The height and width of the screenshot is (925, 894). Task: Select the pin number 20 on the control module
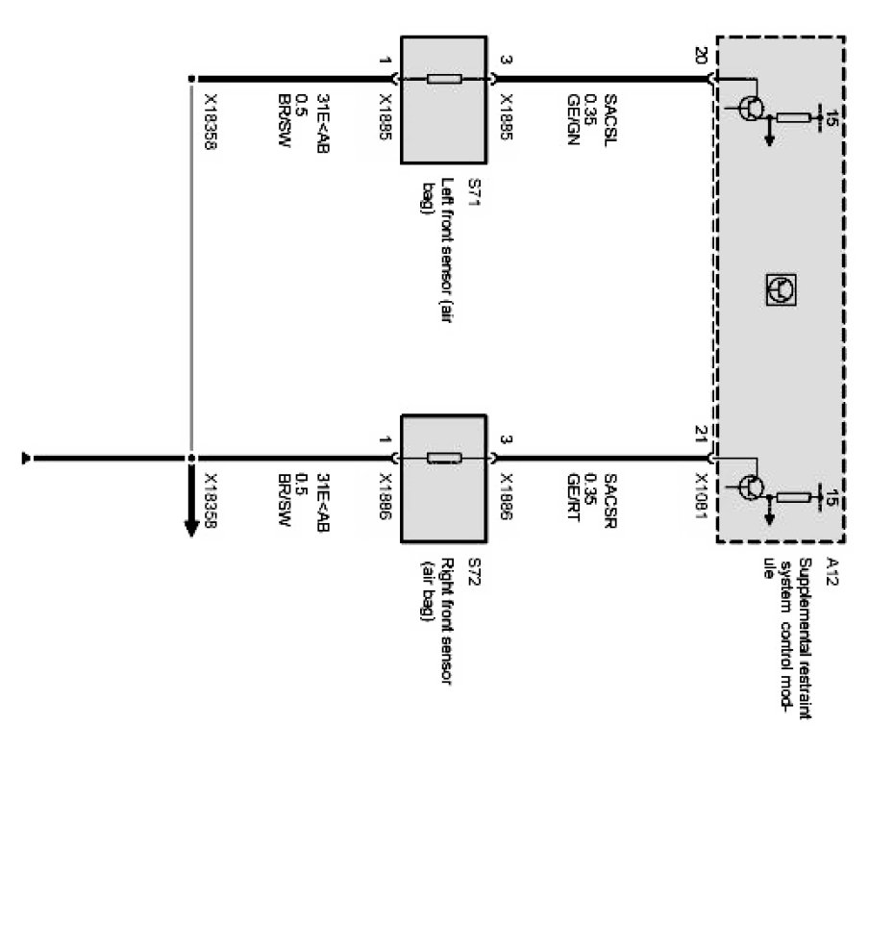[x=700, y=58]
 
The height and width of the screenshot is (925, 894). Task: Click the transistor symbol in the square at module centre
[x=781, y=288]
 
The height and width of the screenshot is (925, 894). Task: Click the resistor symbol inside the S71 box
[x=444, y=79]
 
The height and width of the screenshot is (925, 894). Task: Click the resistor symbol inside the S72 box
[x=444, y=458]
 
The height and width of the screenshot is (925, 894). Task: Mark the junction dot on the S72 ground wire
[x=191, y=459]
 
